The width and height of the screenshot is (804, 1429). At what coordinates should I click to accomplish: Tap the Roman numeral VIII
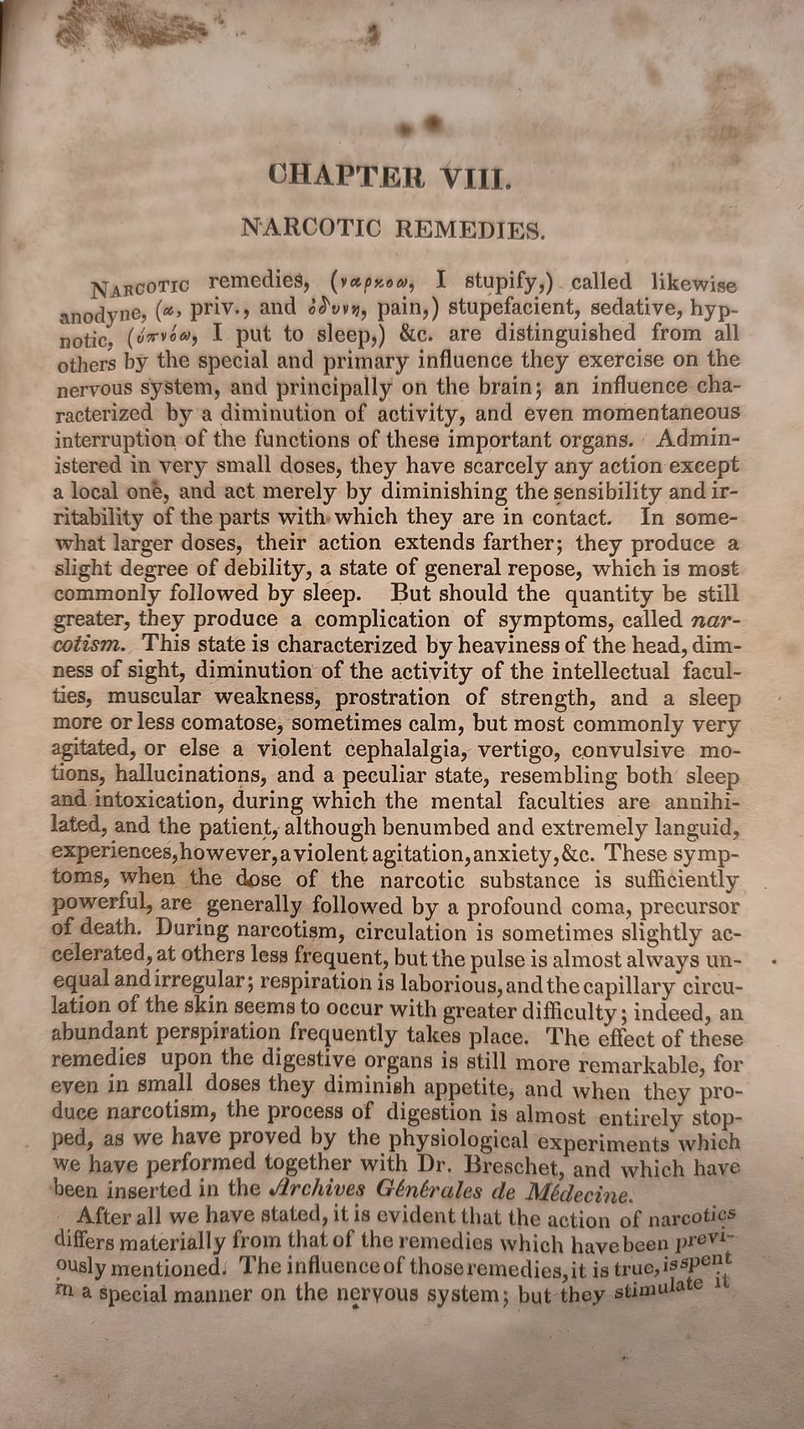pos(475,178)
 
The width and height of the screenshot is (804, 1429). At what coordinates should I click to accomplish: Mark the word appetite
pos(466,1087)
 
